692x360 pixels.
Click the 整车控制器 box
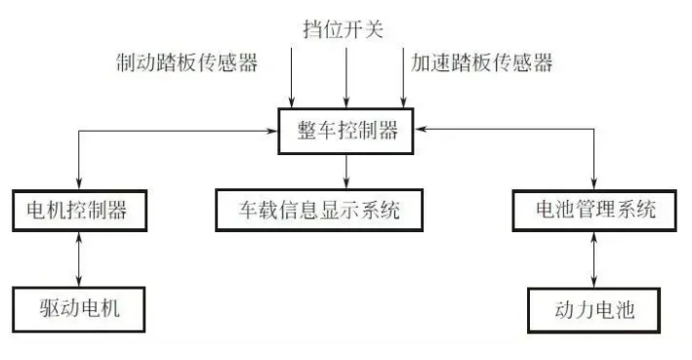346,131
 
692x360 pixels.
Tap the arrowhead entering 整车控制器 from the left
273,131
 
